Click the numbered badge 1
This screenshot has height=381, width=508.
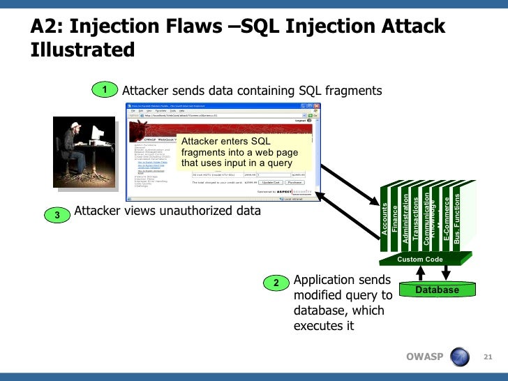tap(105, 90)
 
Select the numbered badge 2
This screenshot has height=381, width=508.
tap(276, 283)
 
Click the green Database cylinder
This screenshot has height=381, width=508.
tap(438, 289)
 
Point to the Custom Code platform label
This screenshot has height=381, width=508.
tap(420, 260)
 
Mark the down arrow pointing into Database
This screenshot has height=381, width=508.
tap(447, 273)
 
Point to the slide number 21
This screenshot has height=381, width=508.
tap(488, 358)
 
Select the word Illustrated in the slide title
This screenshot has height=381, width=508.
tap(82, 50)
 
